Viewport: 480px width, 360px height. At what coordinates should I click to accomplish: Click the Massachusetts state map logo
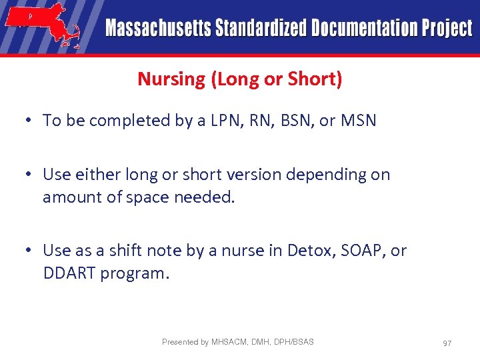point(43,25)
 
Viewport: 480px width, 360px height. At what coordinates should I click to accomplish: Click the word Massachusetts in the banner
point(157,29)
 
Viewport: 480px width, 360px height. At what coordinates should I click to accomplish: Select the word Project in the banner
point(446,29)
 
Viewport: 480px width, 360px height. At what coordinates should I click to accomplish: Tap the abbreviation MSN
point(359,121)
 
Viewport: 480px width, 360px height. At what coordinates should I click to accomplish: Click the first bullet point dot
point(29,121)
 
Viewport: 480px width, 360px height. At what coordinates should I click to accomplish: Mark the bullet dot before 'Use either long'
point(29,175)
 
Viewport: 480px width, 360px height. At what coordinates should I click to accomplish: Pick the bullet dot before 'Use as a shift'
point(29,251)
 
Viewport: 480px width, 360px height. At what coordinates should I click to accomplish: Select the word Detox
point(309,251)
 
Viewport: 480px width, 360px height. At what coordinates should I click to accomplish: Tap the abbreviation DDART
point(69,273)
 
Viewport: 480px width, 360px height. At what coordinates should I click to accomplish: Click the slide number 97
point(447,343)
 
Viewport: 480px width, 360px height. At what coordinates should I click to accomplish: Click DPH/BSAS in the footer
point(294,342)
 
